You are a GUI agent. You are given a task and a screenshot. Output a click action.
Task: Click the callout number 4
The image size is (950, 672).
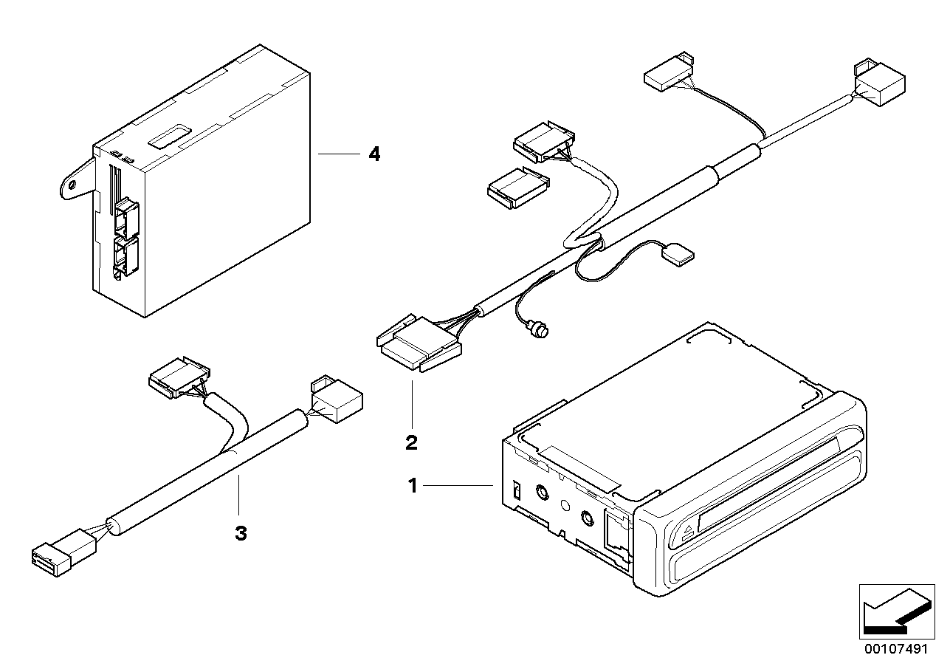tap(374, 154)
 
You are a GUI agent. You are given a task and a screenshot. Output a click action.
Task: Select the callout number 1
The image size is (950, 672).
tap(413, 485)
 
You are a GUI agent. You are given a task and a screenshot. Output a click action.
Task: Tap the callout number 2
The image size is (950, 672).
tap(411, 443)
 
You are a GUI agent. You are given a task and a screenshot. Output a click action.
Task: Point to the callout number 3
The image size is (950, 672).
tap(241, 533)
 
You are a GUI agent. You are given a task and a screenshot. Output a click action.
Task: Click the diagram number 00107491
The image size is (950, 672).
tap(897, 649)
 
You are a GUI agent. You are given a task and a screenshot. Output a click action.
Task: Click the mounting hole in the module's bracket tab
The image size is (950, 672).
tap(72, 185)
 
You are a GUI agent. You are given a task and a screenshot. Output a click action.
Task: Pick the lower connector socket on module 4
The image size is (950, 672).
tap(126, 257)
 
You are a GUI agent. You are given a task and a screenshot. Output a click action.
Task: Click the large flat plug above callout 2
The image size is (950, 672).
tap(419, 344)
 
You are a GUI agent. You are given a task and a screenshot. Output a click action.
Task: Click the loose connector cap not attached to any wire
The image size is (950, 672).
tap(518, 188)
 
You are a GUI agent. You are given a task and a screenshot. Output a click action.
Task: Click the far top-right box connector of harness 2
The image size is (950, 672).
tap(879, 82)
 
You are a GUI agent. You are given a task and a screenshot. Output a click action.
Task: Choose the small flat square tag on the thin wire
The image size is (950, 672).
tap(678, 255)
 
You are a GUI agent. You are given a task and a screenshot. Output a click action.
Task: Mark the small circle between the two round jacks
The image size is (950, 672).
tap(565, 505)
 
